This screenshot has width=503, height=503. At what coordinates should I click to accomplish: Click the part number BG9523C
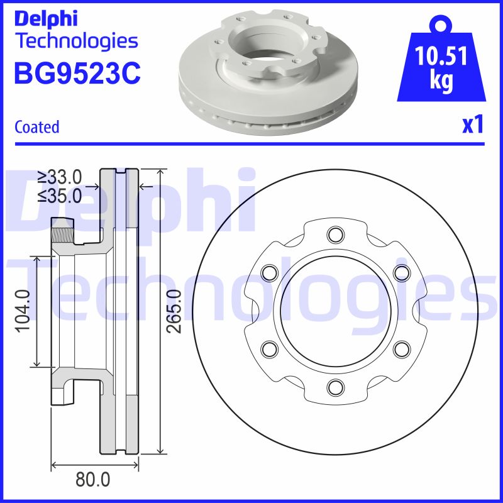click(x=77, y=74)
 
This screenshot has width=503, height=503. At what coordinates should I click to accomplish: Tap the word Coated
click(x=36, y=127)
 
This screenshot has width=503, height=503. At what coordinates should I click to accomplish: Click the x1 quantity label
click(x=473, y=125)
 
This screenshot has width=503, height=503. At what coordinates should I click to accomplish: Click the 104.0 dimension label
click(x=23, y=311)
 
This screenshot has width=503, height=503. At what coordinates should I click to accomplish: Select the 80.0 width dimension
click(x=92, y=480)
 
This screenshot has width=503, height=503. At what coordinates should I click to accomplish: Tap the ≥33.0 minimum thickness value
click(x=59, y=177)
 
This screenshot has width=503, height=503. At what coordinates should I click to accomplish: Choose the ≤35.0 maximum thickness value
click(x=59, y=196)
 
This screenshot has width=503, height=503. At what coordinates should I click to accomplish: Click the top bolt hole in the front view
click(x=335, y=236)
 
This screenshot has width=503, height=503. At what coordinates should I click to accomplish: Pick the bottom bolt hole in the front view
click(x=335, y=386)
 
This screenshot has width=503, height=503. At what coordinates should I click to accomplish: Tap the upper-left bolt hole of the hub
click(x=270, y=273)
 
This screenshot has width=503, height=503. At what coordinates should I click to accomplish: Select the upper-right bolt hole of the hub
click(x=401, y=273)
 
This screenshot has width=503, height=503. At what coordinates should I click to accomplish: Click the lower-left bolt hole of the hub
click(x=270, y=348)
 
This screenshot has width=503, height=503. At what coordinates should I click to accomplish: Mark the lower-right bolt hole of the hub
click(x=401, y=348)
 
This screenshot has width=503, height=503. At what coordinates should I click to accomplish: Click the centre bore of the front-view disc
click(x=335, y=311)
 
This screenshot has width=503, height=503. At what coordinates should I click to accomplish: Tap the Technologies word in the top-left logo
click(x=76, y=41)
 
